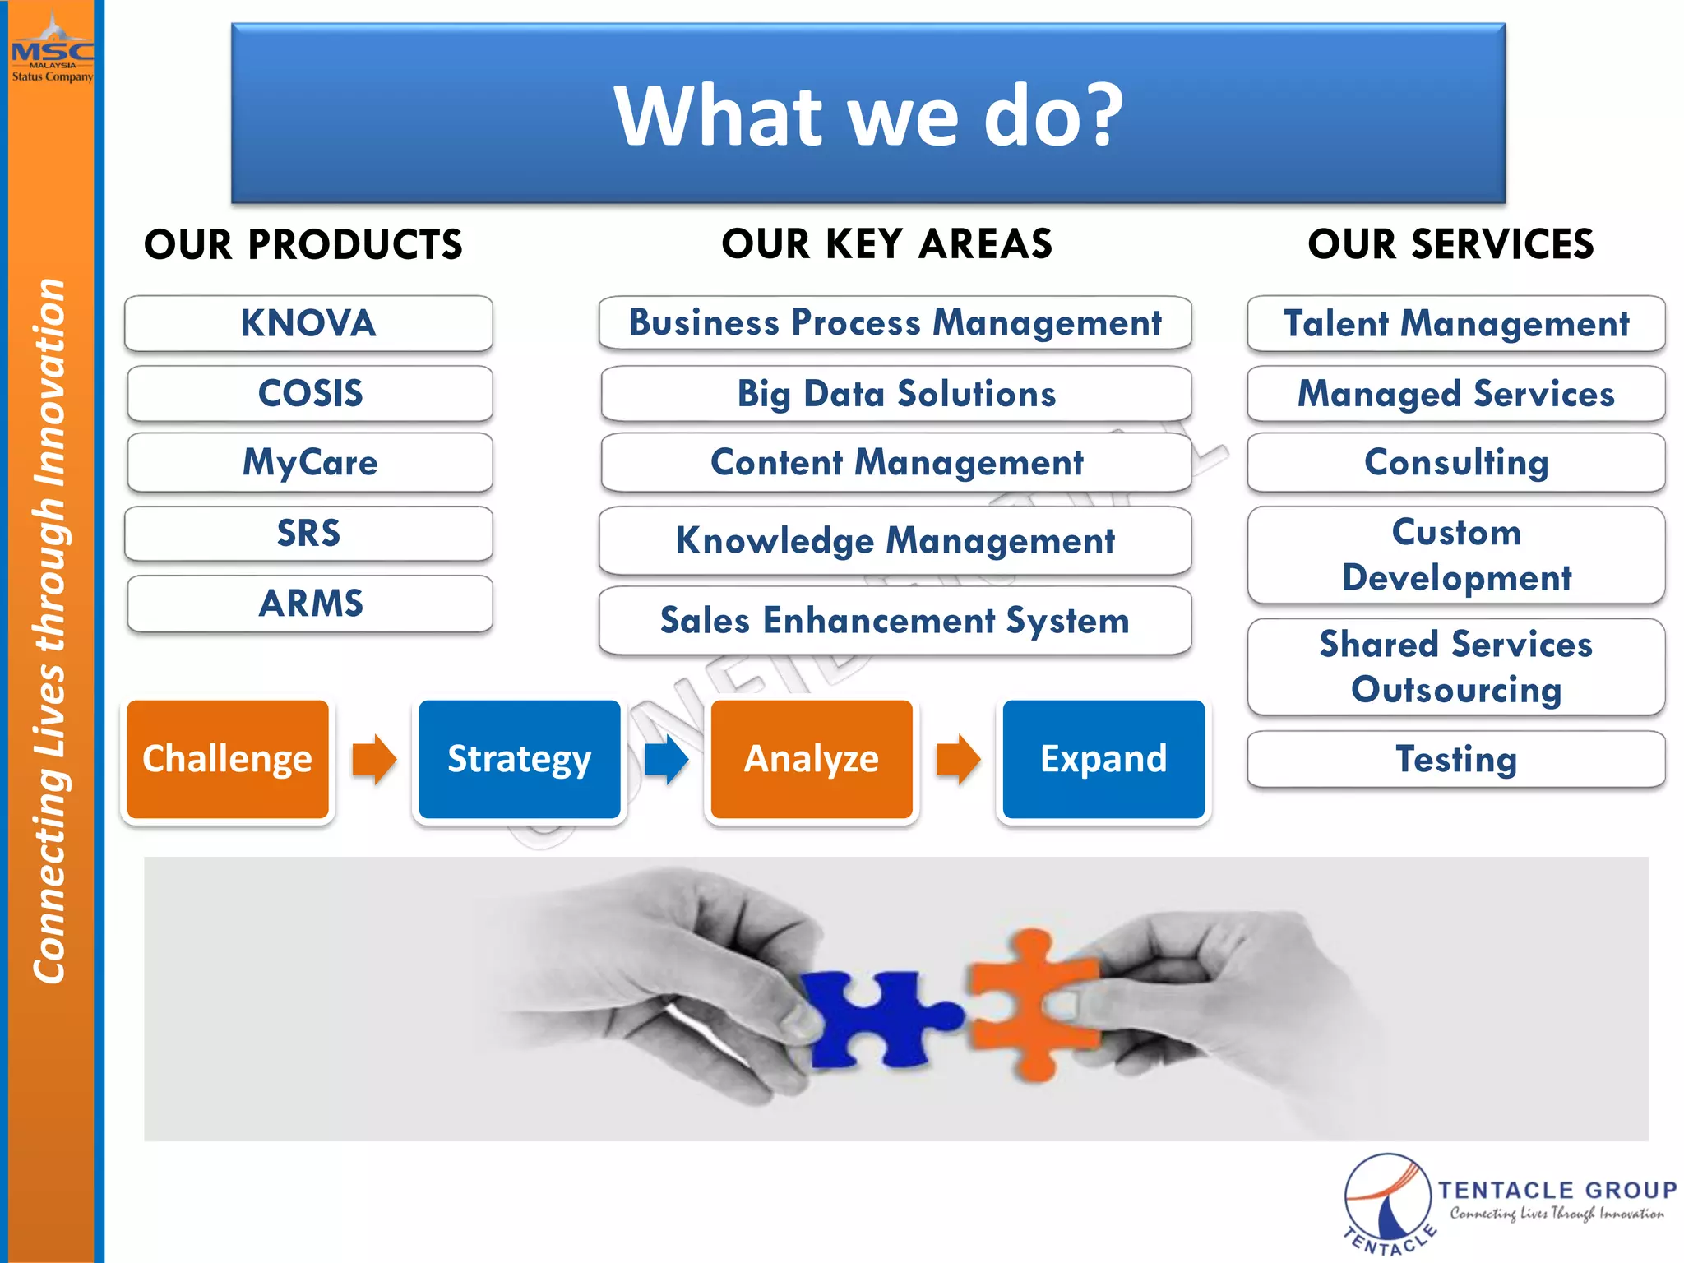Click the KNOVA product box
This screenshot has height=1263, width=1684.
point(308,323)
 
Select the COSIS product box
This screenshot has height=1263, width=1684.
point(310,393)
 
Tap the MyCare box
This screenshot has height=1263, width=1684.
point(310,462)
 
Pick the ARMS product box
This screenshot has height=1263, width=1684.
point(310,604)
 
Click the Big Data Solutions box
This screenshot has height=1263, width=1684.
point(895,394)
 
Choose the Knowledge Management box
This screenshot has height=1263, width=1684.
point(895,541)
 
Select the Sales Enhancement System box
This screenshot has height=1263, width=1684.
point(895,621)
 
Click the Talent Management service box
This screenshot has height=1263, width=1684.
point(1455,323)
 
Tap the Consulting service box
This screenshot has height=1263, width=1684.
point(1455,462)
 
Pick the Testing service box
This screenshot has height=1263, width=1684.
point(1455,759)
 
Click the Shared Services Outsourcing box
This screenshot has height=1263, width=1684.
point(1455,667)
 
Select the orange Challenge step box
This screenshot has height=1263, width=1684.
point(228,759)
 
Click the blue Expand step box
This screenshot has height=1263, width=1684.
point(1103,759)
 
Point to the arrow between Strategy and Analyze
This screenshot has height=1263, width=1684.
point(666,759)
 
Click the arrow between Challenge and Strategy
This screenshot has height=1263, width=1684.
point(374,759)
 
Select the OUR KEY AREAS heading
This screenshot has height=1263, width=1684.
point(886,244)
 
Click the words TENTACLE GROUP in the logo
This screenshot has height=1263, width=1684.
point(1557,1190)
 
